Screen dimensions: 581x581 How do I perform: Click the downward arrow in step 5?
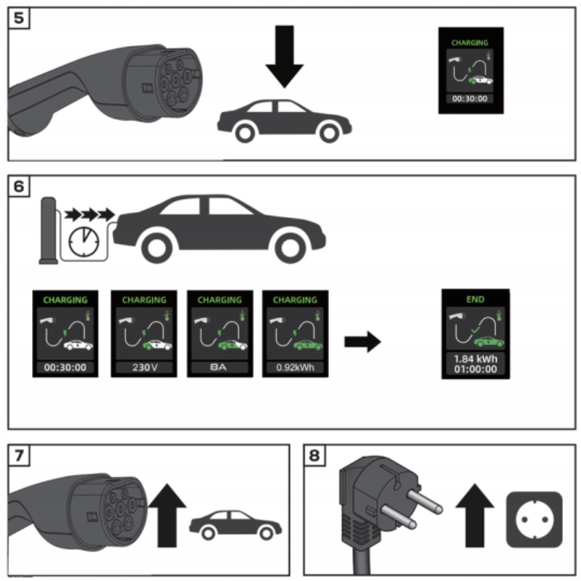284,58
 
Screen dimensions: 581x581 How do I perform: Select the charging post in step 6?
49,229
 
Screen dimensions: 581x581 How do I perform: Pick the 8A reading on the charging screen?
220,367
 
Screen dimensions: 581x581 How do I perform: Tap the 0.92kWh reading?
295,367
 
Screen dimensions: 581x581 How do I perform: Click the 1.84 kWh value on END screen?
476,358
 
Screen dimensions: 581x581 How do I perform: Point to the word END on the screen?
476,298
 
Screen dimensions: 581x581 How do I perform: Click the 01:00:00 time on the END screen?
476,369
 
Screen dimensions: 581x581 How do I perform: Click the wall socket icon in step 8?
534,519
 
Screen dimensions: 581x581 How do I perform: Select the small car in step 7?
235,523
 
